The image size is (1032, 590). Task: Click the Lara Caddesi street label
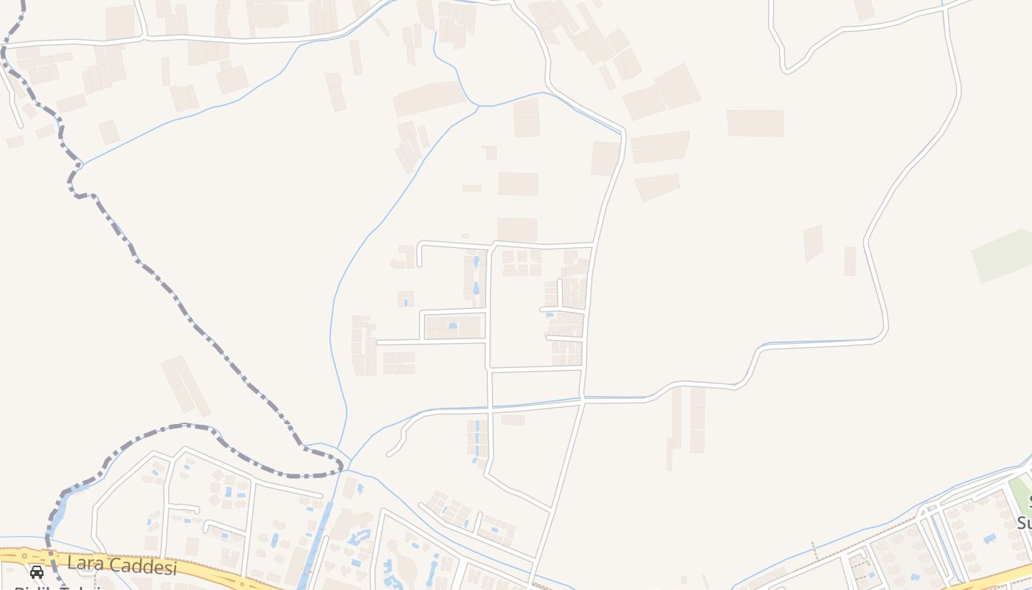coord(122,566)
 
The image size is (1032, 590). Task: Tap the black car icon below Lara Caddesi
coord(37,572)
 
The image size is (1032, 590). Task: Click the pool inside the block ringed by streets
coord(453,325)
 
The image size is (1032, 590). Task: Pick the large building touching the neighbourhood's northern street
coord(517,229)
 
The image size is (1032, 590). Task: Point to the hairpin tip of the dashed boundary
coord(341,466)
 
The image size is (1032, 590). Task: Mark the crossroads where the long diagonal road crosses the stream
coord(582,400)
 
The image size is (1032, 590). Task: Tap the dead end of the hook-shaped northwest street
coord(419,264)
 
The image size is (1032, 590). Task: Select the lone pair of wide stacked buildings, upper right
coord(755,122)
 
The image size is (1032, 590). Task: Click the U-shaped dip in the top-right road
coord(787,69)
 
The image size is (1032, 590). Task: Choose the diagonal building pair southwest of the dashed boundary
coord(185,384)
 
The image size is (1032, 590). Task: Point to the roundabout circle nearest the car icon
coord(27,555)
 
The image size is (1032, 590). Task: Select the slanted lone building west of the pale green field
coord(813,243)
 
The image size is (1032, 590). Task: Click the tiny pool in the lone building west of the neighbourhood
coord(405,302)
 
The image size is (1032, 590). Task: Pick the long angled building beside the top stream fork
coord(428,98)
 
